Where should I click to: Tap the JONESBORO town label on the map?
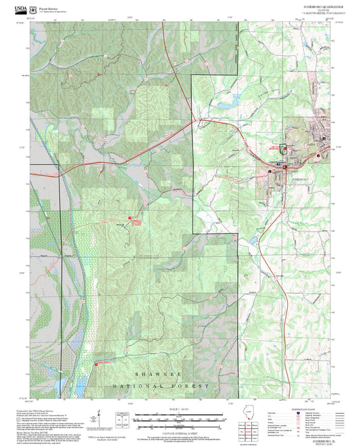tap(298, 178)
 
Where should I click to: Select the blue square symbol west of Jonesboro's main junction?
tap(271, 172)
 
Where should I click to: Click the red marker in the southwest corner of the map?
tap(95, 364)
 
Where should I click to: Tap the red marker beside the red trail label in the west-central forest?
tap(130, 219)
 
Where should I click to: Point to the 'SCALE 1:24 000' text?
tap(178, 407)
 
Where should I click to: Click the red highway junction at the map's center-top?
tap(195, 121)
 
